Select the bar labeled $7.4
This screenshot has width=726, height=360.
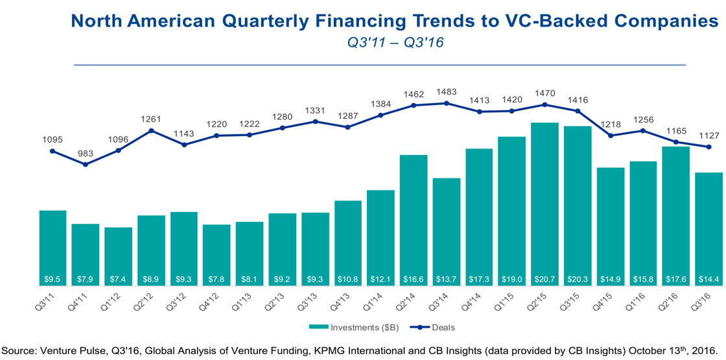click(x=118, y=256)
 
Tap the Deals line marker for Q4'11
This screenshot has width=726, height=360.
click(x=86, y=165)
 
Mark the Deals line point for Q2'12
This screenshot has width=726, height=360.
click(x=151, y=130)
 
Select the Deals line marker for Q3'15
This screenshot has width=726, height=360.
click(x=577, y=111)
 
